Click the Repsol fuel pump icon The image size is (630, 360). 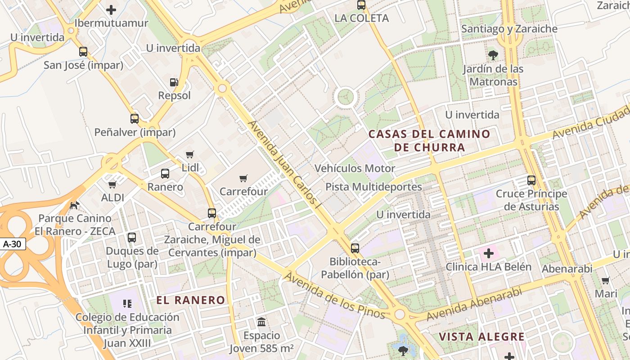coord(174,82)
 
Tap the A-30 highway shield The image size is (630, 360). coord(13,244)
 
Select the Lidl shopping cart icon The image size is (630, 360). coord(190,155)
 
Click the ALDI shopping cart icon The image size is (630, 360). coord(112,184)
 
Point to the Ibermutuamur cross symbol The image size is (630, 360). coord(111,9)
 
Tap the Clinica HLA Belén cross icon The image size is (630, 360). coord(488,253)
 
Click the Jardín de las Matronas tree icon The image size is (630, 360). coord(493,55)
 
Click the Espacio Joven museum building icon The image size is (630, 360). coord(261,322)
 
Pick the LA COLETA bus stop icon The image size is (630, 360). coord(361,5)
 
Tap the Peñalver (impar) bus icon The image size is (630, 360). coord(135,119)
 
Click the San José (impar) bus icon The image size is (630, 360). coord(83,51)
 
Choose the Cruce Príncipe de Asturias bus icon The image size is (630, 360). coord(531,180)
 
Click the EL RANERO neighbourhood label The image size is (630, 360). coord(191,300)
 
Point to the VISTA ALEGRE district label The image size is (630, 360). coord(481,337)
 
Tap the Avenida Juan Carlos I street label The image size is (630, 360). coord(286,164)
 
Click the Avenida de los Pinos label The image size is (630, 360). coord(335,295)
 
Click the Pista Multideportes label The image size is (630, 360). coord(373,187)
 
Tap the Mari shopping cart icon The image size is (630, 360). coord(606,280)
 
